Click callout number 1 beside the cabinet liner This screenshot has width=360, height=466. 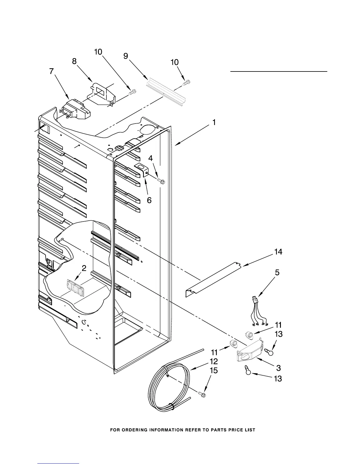[214, 122]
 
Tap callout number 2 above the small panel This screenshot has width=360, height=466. [84, 268]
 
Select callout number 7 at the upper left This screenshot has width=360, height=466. [52, 71]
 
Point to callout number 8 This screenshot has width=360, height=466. [74, 61]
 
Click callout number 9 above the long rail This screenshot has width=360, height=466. [126, 56]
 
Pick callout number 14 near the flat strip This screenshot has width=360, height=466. [278, 252]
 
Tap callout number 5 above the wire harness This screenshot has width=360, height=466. [277, 273]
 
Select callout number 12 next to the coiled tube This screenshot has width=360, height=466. [214, 361]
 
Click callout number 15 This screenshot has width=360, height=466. [214, 370]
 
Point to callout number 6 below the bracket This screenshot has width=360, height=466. [149, 200]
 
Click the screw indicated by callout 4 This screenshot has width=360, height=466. [161, 181]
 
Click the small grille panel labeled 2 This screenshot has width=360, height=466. [75, 287]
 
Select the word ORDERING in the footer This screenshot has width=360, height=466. [138, 430]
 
